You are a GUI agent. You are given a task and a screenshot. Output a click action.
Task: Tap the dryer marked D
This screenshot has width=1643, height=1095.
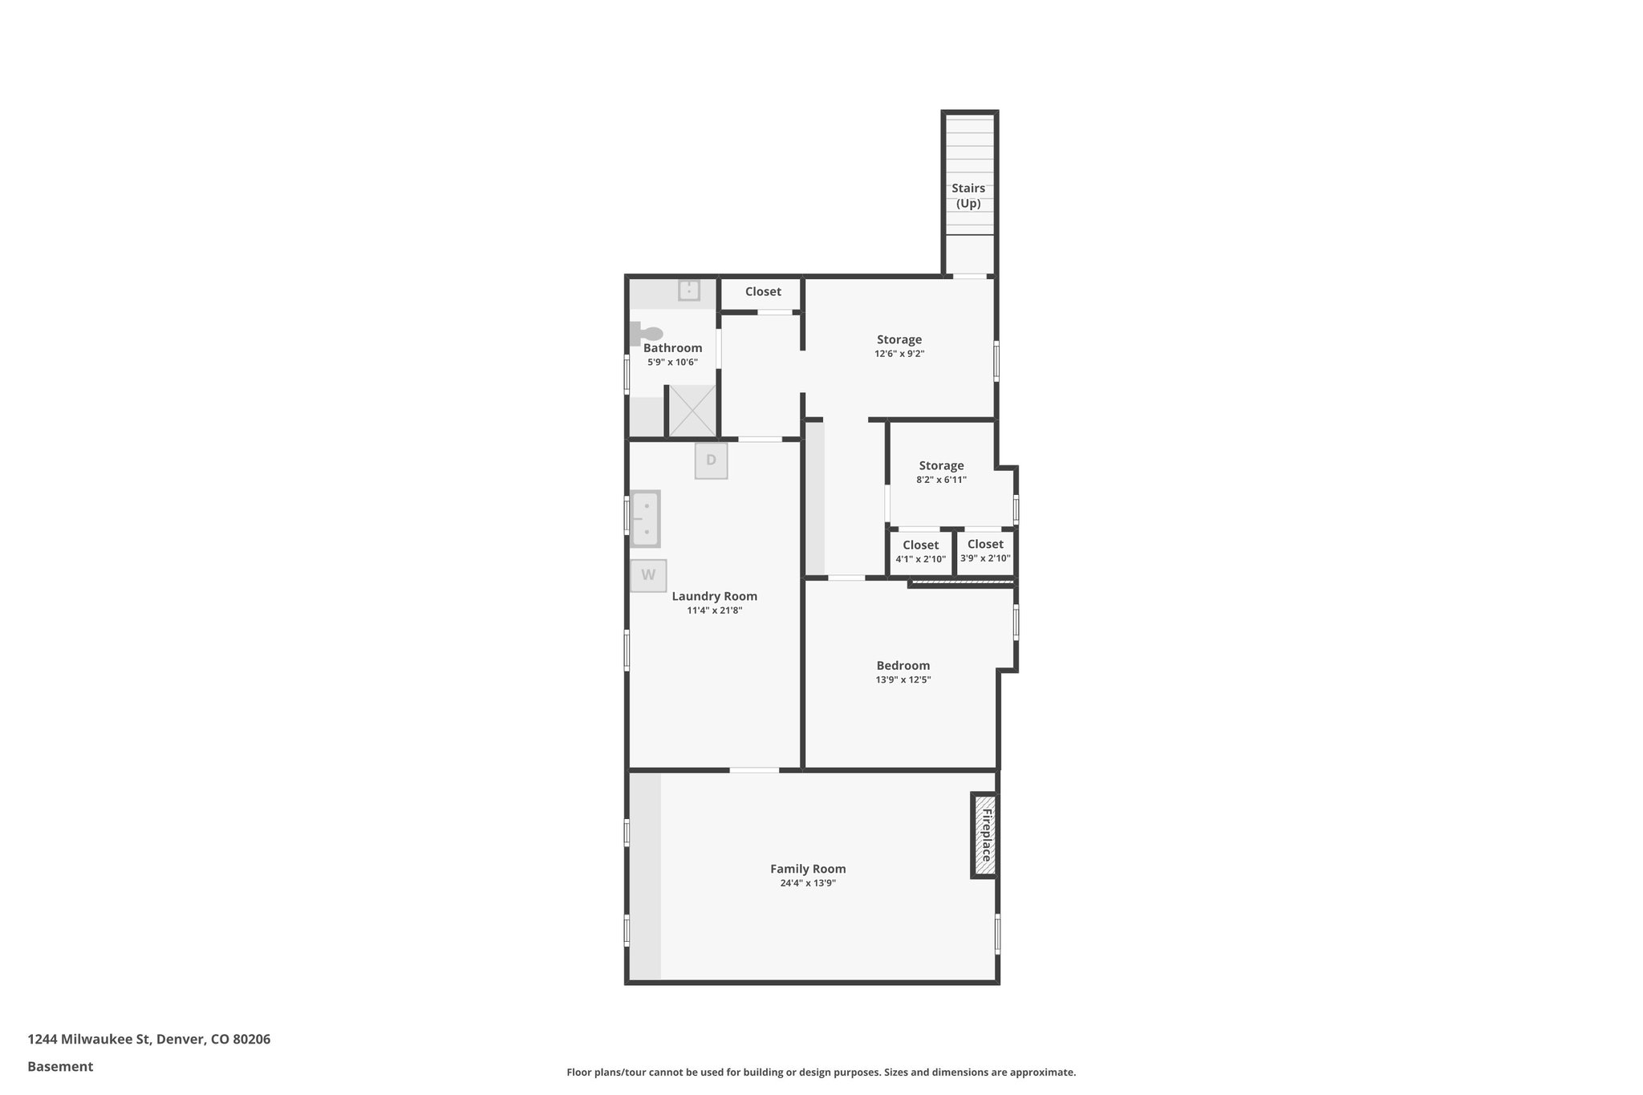pos(711,460)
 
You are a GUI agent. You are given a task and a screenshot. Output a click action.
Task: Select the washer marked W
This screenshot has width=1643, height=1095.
pos(648,575)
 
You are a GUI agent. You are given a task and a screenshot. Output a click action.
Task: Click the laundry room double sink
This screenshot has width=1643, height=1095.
pos(645,518)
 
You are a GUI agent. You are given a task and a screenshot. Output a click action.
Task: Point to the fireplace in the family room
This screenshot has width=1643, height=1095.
pos(985,835)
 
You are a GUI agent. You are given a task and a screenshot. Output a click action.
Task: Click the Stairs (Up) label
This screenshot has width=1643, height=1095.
pos(968,196)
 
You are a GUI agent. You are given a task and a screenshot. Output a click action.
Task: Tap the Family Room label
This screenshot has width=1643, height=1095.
pos(808,869)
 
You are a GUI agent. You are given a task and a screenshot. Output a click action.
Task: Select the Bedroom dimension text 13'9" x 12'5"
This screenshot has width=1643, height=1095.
pos(903,680)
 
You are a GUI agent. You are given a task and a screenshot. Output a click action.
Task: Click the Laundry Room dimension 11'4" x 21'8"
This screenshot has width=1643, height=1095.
pos(714,610)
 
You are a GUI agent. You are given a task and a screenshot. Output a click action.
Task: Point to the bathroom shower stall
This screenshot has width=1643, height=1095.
pos(692,410)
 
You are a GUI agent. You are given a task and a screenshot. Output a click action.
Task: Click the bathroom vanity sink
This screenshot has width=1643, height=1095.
pos(689,290)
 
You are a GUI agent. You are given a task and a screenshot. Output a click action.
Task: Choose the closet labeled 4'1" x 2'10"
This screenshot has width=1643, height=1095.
pos(920,552)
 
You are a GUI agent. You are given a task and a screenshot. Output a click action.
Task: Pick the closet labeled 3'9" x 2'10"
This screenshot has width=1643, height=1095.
pos(985,551)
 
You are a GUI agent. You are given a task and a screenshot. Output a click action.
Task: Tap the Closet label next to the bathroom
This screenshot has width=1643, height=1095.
pos(763,292)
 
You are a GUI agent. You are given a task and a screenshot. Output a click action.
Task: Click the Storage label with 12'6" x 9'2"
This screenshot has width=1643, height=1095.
pos(899,339)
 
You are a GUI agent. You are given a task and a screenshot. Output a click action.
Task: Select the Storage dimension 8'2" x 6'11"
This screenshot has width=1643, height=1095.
pos(942,480)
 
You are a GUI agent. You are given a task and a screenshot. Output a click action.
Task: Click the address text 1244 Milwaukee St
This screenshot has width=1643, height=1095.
pos(148,1039)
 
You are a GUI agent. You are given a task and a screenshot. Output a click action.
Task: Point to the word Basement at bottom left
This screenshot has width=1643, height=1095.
pos(60,1066)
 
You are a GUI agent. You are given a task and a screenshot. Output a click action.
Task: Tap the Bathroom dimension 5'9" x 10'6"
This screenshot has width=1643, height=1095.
pos(672,363)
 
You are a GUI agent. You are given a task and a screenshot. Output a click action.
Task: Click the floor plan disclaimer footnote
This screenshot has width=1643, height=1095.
pos(821,1072)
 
